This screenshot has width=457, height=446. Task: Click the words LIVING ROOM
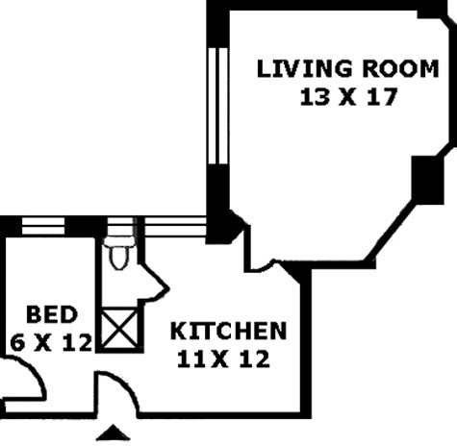tap(347, 68)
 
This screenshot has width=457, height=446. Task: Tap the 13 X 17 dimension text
tap(349, 97)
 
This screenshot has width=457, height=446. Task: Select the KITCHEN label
tap(228, 331)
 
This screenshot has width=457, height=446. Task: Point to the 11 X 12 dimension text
tap(223, 359)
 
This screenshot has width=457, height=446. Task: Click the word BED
tap(52, 314)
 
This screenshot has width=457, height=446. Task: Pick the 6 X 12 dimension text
tap(51, 343)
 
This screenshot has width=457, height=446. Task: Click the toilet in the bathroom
tap(119, 253)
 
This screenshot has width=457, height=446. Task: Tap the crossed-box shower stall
tap(119, 329)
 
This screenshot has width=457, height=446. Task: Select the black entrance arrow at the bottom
tap(113, 433)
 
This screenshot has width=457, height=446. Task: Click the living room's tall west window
tap(218, 106)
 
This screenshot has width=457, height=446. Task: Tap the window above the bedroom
tap(43, 226)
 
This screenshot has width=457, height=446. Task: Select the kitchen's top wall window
tap(175, 227)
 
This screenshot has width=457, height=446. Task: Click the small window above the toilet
tap(120, 227)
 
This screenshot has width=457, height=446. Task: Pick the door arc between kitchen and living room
tap(263, 265)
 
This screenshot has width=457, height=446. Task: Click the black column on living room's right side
tap(427, 180)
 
